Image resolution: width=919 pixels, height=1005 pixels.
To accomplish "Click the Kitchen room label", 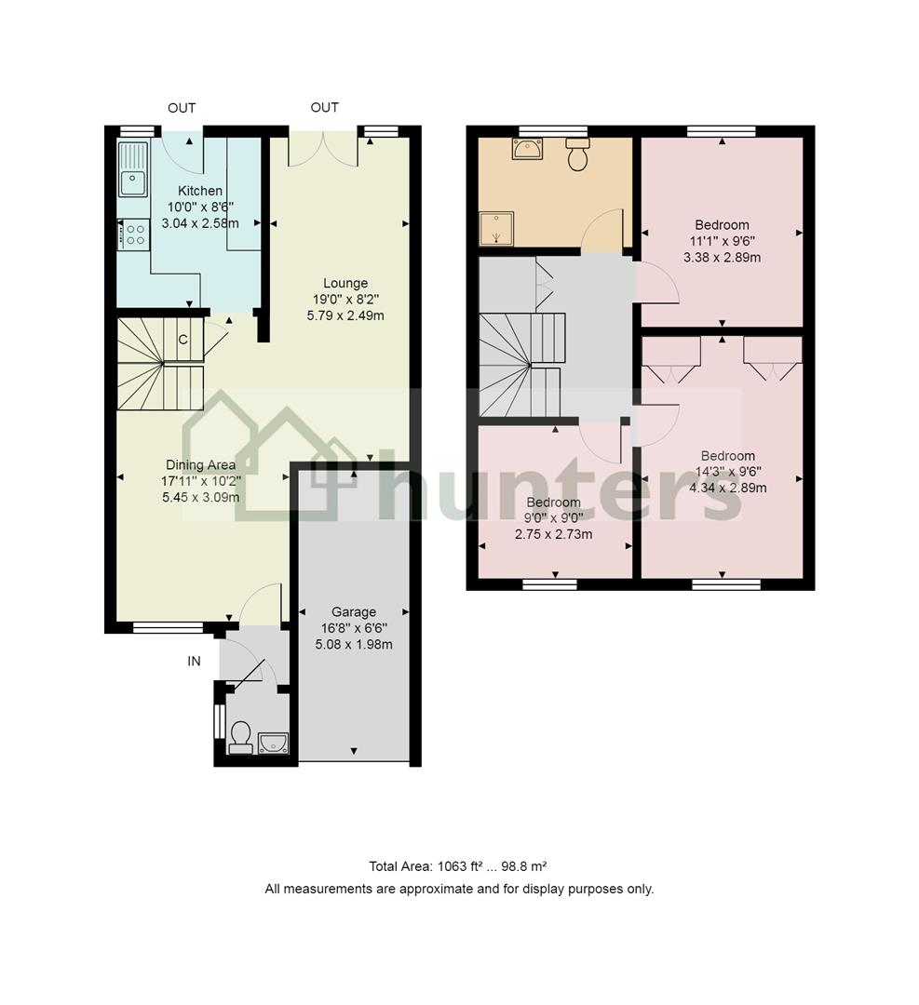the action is [x=200, y=191].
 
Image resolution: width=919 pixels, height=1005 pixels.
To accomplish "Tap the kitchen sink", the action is [x=133, y=169].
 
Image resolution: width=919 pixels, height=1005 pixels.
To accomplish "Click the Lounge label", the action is [x=345, y=283].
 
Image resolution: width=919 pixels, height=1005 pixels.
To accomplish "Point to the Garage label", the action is [x=354, y=611].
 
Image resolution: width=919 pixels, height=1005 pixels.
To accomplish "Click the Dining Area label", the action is [x=200, y=464].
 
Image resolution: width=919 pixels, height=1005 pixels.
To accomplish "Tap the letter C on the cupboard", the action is [x=182, y=340].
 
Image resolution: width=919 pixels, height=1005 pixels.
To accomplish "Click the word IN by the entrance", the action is [x=194, y=661].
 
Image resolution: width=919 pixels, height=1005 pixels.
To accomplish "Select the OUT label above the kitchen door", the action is [x=182, y=108].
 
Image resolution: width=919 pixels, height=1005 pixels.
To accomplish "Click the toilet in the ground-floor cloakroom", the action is [x=240, y=737].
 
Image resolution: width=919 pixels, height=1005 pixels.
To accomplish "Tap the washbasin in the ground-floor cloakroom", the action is [x=273, y=744].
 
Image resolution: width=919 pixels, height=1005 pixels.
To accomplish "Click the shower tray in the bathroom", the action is [x=497, y=229].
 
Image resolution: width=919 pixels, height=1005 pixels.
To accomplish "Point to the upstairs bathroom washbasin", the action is [x=527, y=149].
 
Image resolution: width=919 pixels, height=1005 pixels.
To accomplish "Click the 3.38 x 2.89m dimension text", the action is [x=723, y=258].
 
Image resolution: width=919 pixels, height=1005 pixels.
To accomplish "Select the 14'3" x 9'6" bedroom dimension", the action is [x=728, y=472].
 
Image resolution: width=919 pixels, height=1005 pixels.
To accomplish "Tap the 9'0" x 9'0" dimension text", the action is [x=553, y=518].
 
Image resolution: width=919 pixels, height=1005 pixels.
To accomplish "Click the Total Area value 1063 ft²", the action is [x=459, y=866].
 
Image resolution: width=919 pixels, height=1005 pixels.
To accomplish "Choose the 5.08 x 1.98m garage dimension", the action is [x=354, y=644].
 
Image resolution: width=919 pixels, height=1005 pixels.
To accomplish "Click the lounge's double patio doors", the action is [x=322, y=149].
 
